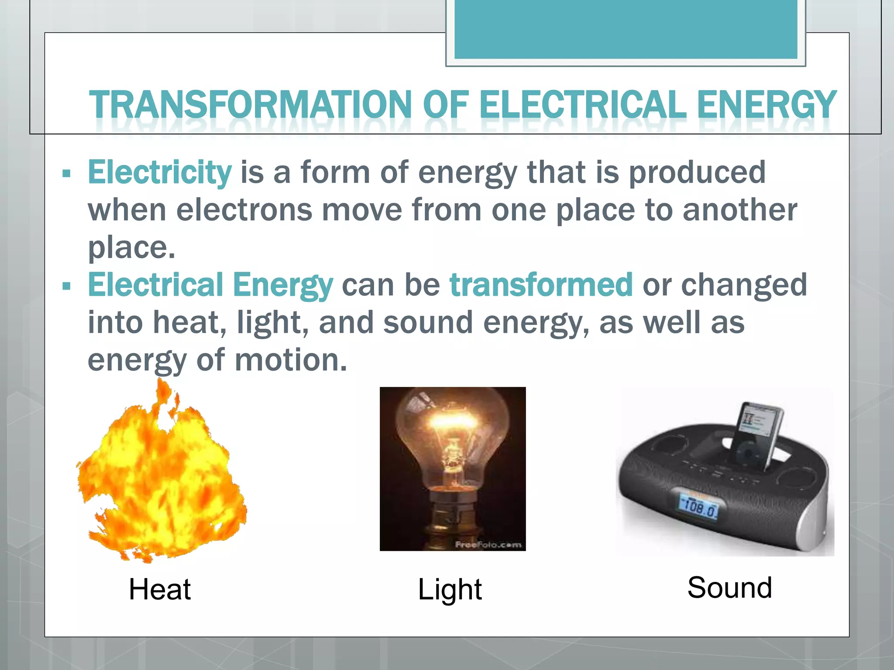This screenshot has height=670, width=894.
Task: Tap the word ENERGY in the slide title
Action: [x=766, y=105]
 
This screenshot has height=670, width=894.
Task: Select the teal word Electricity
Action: [x=160, y=172]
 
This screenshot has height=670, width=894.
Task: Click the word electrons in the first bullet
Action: [x=244, y=210]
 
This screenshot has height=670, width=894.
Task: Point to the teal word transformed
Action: [x=541, y=285]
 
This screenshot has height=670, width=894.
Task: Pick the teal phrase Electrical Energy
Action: [x=210, y=285]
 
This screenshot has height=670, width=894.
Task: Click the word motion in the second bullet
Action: [x=290, y=360]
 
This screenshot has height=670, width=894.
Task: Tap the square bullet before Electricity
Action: [x=66, y=174]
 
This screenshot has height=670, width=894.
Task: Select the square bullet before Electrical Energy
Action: [x=66, y=287]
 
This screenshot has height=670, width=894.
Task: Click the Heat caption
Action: [x=160, y=589]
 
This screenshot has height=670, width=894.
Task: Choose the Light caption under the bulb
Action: [x=450, y=589]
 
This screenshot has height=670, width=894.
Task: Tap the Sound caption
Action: [x=729, y=588]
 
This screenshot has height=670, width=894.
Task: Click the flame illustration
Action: [x=162, y=475]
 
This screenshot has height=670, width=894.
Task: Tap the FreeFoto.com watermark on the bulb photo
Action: [x=488, y=544]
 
